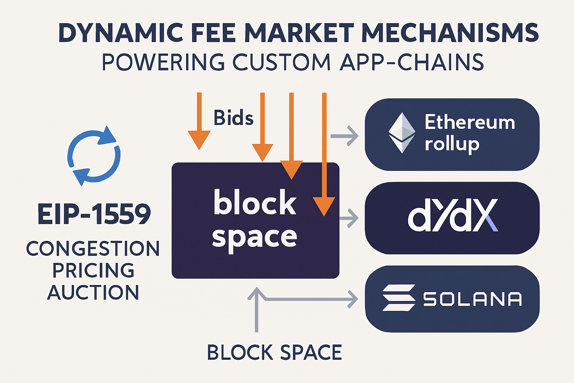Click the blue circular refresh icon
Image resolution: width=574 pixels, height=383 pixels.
[94, 156]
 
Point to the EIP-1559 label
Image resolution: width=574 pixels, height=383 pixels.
[94, 214]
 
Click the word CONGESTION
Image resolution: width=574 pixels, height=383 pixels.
[93, 249]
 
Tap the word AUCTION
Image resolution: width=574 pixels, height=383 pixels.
[93, 292]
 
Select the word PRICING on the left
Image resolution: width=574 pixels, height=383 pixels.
[93, 271]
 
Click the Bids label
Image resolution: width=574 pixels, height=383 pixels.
[233, 118]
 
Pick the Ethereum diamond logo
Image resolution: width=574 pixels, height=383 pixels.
[402, 133]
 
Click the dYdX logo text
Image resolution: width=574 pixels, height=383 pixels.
[453, 216]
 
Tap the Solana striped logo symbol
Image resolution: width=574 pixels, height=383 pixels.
[399, 298]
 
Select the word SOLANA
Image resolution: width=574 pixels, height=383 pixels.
[472, 299]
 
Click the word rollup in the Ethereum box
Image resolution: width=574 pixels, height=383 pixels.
[452, 144]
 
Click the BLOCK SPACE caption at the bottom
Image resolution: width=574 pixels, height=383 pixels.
[274, 353]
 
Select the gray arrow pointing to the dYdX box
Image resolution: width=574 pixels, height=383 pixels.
[349, 218]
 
